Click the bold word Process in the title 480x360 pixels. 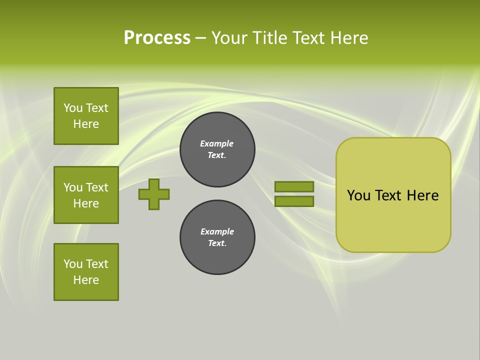coord(157,38)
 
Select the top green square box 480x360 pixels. coord(86,116)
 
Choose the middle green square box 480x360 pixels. coord(86,195)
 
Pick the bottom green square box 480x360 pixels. coord(86,272)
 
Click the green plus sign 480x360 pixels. coord(154,194)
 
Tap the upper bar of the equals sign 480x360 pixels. coord(294,186)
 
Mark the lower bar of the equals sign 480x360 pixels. coord(294,201)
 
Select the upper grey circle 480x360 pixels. coord(217,149)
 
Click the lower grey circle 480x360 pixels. coord(217,237)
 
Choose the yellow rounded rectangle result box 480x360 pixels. coord(393,195)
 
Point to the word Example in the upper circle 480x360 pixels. coord(217,143)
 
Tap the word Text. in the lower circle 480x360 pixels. coord(217,243)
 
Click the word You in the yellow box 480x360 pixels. coord(358,195)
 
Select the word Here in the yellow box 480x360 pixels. coord(422,195)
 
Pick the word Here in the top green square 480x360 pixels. coord(86,124)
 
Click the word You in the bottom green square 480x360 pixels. coord(73,264)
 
